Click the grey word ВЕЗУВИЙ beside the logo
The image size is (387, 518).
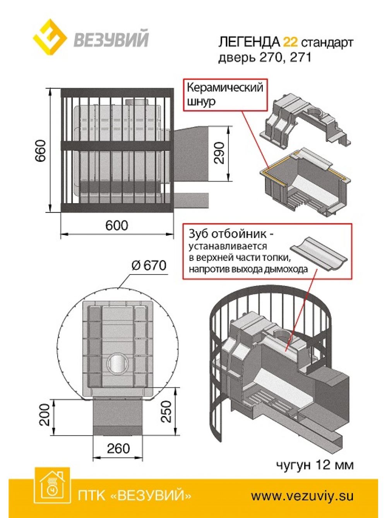click(111, 39)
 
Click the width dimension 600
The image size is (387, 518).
click(116, 225)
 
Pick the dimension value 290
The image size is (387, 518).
click(219, 153)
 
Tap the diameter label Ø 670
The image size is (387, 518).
click(149, 265)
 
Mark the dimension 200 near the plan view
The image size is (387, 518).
click(45, 415)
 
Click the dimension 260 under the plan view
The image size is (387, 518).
click(118, 448)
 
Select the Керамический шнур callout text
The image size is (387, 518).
click(224, 94)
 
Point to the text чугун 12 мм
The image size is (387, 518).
click(314, 464)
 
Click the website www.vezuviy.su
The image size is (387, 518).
click(302, 496)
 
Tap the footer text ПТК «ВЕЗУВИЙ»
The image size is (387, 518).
click(134, 496)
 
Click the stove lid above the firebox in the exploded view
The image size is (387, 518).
click(306, 118)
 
